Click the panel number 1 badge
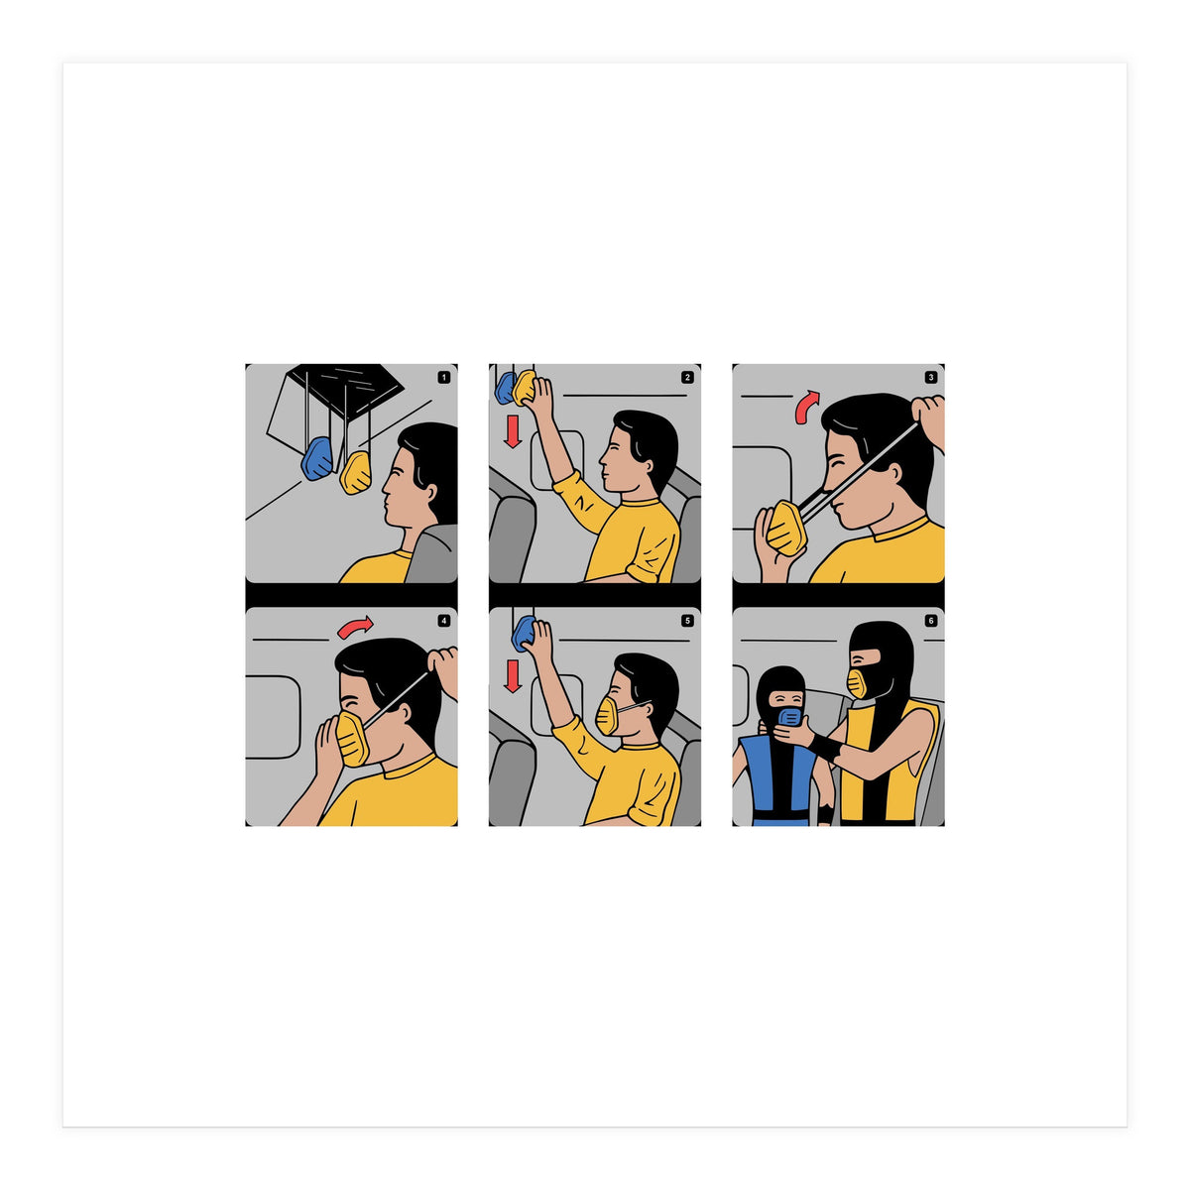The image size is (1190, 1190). point(443,377)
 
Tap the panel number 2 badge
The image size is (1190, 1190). point(687,377)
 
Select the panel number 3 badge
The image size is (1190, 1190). point(930,377)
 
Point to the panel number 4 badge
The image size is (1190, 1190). point(443,621)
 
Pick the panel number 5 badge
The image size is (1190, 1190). point(687,621)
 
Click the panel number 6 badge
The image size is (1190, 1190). point(930,621)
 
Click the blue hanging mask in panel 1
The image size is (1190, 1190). point(318,459)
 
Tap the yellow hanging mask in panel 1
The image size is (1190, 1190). point(356,472)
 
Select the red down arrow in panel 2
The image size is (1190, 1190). point(512,430)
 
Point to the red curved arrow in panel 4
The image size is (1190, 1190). point(355,627)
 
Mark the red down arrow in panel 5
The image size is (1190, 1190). point(512,674)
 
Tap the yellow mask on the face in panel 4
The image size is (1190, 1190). point(351,738)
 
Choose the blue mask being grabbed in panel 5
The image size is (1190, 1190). point(523,633)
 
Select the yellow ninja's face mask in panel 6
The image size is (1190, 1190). point(857,683)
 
